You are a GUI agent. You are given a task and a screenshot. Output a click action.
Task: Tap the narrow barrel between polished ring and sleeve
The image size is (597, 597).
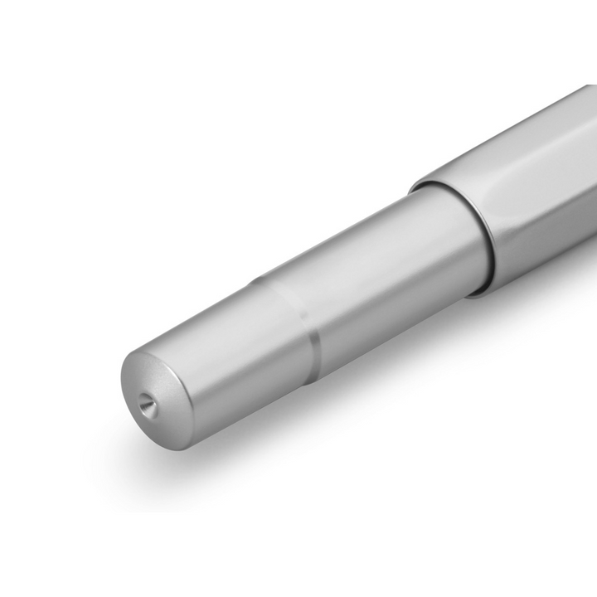tap(381, 282)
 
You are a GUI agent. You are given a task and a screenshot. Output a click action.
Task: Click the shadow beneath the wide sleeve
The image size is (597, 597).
tap(531, 307)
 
